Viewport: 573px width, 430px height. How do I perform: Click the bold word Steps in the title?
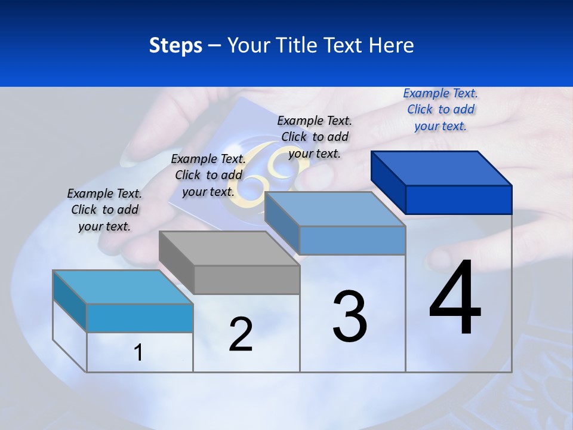click(x=175, y=45)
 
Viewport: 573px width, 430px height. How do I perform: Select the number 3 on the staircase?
click(x=350, y=316)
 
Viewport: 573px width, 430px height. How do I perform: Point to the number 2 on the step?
click(x=241, y=334)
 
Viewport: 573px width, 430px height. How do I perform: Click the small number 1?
click(x=138, y=353)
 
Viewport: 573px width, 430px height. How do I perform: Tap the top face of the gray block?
click(x=229, y=248)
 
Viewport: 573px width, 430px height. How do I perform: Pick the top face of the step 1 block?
click(x=123, y=287)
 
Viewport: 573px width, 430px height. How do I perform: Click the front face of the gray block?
click(x=247, y=279)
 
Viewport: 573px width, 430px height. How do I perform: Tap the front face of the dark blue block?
click(x=458, y=199)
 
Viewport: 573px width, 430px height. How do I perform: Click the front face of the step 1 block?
click(x=140, y=318)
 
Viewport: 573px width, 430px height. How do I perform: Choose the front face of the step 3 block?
click(x=352, y=240)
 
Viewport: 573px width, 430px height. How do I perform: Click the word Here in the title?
click(x=392, y=45)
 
